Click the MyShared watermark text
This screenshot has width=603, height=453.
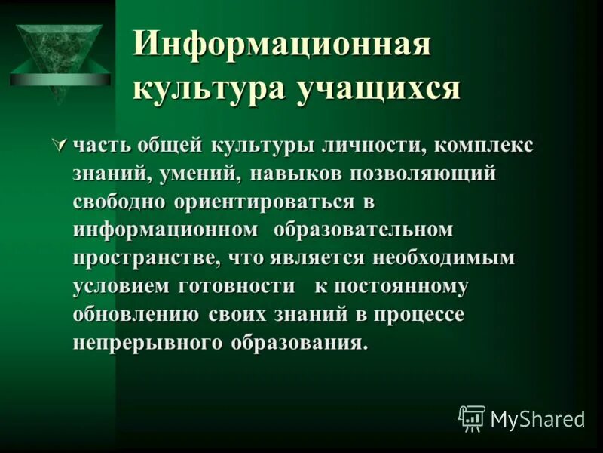point(537,418)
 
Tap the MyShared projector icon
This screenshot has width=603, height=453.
point(472,418)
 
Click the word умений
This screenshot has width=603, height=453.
point(202,174)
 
